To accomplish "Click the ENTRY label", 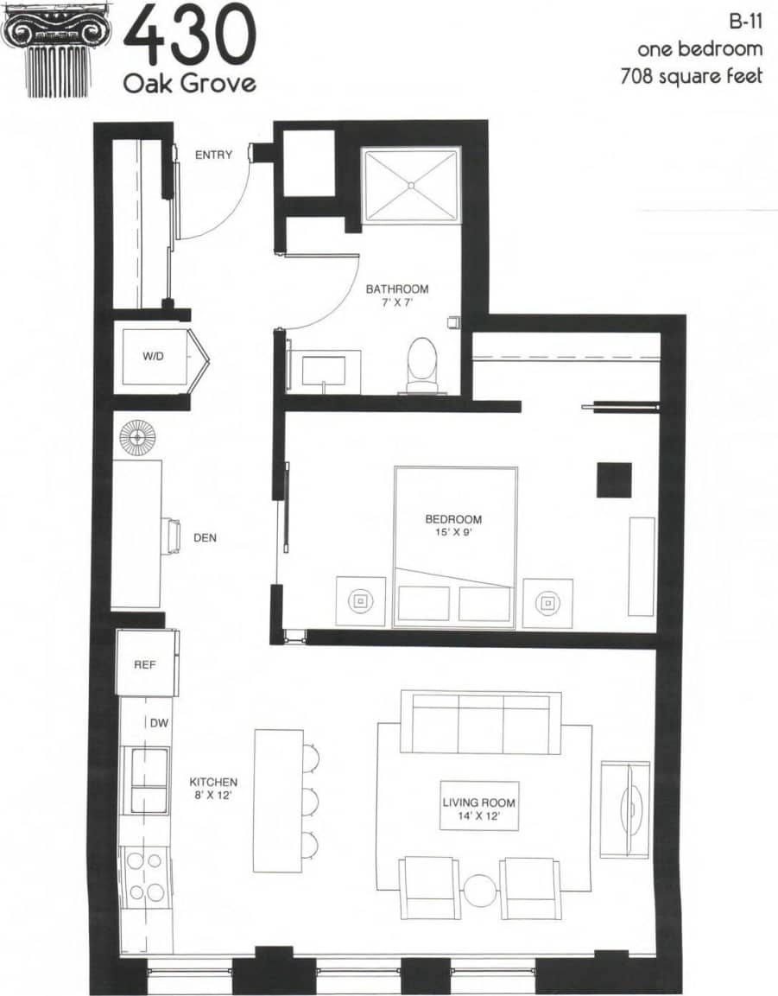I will pos(213,155).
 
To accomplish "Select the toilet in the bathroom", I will pos(421,363).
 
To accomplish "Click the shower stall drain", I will pos(411,184).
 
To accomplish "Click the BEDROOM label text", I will pos(452,519).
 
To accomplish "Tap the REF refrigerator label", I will pos(143,666).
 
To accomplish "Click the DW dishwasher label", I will pos(159,724).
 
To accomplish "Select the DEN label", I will pos(205,537).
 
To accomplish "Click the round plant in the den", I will pos(136,437).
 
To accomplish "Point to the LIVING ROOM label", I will pos(478,803).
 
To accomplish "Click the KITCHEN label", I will pos(213,782).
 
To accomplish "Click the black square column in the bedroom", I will pos(613,479).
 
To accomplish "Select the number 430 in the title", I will pos(190,36).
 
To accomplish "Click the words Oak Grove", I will pos(189,84).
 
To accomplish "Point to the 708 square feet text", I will pos(691,76).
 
